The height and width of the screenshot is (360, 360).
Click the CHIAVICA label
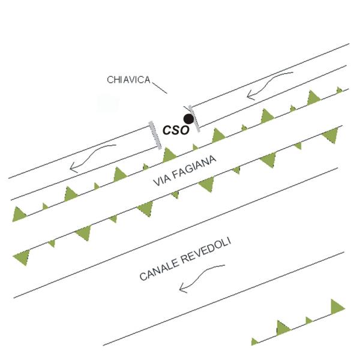(x=128, y=80)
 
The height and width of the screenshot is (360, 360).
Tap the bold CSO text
(x=176, y=130)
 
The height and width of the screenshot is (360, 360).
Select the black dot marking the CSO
(x=189, y=119)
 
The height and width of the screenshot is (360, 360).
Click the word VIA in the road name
(x=161, y=180)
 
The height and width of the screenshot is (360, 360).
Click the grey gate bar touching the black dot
(x=194, y=118)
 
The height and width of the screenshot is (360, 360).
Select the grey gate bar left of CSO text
(x=155, y=136)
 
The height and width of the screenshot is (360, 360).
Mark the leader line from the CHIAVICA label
(x=160, y=88)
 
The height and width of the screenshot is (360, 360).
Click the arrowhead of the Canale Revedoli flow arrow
(x=183, y=287)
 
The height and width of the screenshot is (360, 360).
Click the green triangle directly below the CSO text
(x=169, y=155)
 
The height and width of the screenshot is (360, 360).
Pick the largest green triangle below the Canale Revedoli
(x=337, y=307)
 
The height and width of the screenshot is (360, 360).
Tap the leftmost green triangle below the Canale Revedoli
(x=254, y=341)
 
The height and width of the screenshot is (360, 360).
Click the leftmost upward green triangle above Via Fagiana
(x=18, y=214)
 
